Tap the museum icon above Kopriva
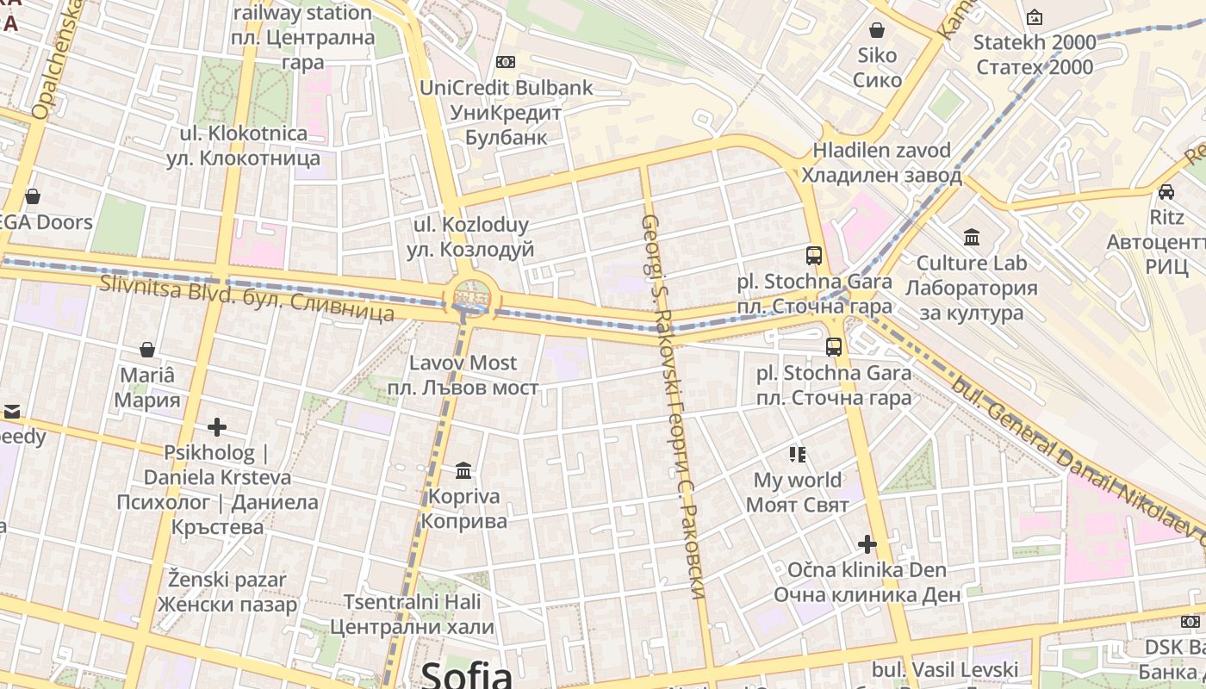(x=463, y=471)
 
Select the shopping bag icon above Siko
(x=877, y=31)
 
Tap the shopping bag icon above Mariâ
(x=147, y=350)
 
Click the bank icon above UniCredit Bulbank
(x=506, y=62)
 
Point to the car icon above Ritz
(x=1166, y=192)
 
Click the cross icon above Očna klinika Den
(x=867, y=544)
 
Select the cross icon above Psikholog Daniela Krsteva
(x=217, y=427)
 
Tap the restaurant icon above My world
(x=797, y=454)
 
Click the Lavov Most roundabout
(x=469, y=297)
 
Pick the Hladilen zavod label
(x=881, y=163)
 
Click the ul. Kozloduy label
(x=470, y=237)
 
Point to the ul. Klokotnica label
(x=243, y=146)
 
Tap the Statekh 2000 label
(x=1034, y=54)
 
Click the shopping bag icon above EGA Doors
(x=33, y=196)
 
